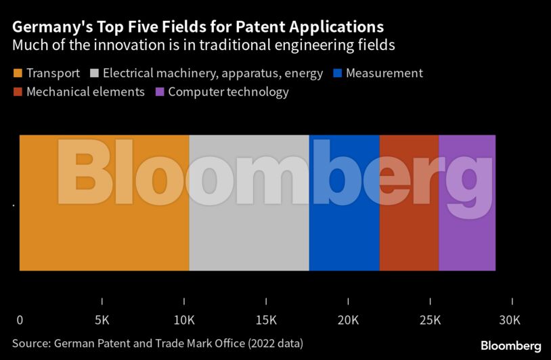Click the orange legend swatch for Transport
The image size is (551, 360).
(x=17, y=73)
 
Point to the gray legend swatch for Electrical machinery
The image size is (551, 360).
(x=93, y=73)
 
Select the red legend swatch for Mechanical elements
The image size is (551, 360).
(x=17, y=91)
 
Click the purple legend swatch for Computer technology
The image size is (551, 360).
(x=159, y=91)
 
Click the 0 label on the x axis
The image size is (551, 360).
(x=20, y=319)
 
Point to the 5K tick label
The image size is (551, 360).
(x=102, y=319)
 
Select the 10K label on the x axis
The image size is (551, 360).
(x=183, y=319)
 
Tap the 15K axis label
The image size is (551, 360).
(x=266, y=319)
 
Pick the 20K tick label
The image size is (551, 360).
(x=348, y=319)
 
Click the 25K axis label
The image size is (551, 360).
(x=430, y=319)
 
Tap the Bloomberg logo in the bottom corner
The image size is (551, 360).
(x=511, y=346)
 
